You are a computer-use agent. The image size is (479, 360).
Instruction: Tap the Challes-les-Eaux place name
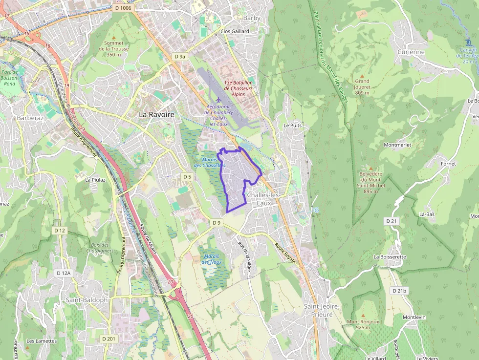pos(265,198)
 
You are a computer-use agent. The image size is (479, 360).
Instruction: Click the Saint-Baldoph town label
pos(87,299)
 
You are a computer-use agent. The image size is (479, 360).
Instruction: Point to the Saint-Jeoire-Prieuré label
pos(318,310)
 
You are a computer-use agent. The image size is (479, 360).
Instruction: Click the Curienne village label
pos(411,52)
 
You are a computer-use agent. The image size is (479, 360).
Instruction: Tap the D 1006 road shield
pos(123,8)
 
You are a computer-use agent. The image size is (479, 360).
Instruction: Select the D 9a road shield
pos(180,57)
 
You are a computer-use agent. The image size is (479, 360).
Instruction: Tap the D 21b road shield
pos(399,291)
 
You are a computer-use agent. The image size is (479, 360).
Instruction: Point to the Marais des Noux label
pos(212,259)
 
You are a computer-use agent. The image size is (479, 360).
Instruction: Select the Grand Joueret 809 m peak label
pos(362,86)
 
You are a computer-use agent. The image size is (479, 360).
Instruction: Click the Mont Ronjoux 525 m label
pos(363,324)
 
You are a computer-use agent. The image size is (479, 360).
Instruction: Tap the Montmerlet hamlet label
pos(398,145)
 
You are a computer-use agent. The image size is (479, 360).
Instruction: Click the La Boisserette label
pos(390,256)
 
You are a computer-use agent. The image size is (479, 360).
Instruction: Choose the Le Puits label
pos(293,125)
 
